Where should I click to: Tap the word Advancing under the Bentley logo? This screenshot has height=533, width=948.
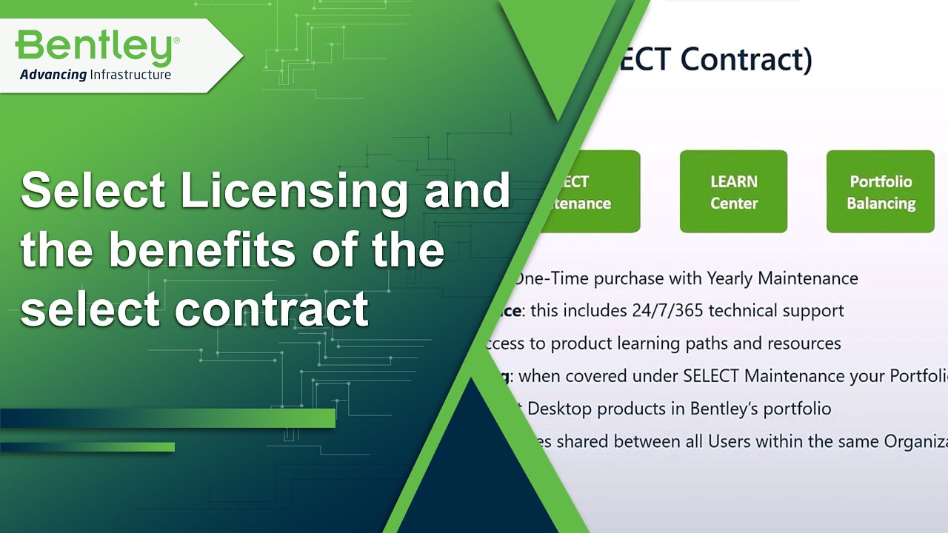[x=53, y=75]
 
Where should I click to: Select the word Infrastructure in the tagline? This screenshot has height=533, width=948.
[x=130, y=75]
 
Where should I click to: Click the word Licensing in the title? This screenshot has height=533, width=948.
[x=293, y=191]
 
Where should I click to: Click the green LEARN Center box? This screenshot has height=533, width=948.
[x=733, y=192]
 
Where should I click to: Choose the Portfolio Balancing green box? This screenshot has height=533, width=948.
[x=880, y=192]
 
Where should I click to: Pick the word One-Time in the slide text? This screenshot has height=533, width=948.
[x=547, y=278]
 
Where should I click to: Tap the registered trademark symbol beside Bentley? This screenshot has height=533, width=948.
[x=176, y=38]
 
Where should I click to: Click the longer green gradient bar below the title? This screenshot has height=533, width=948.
[x=167, y=418]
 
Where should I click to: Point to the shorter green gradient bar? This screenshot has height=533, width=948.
[x=87, y=447]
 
